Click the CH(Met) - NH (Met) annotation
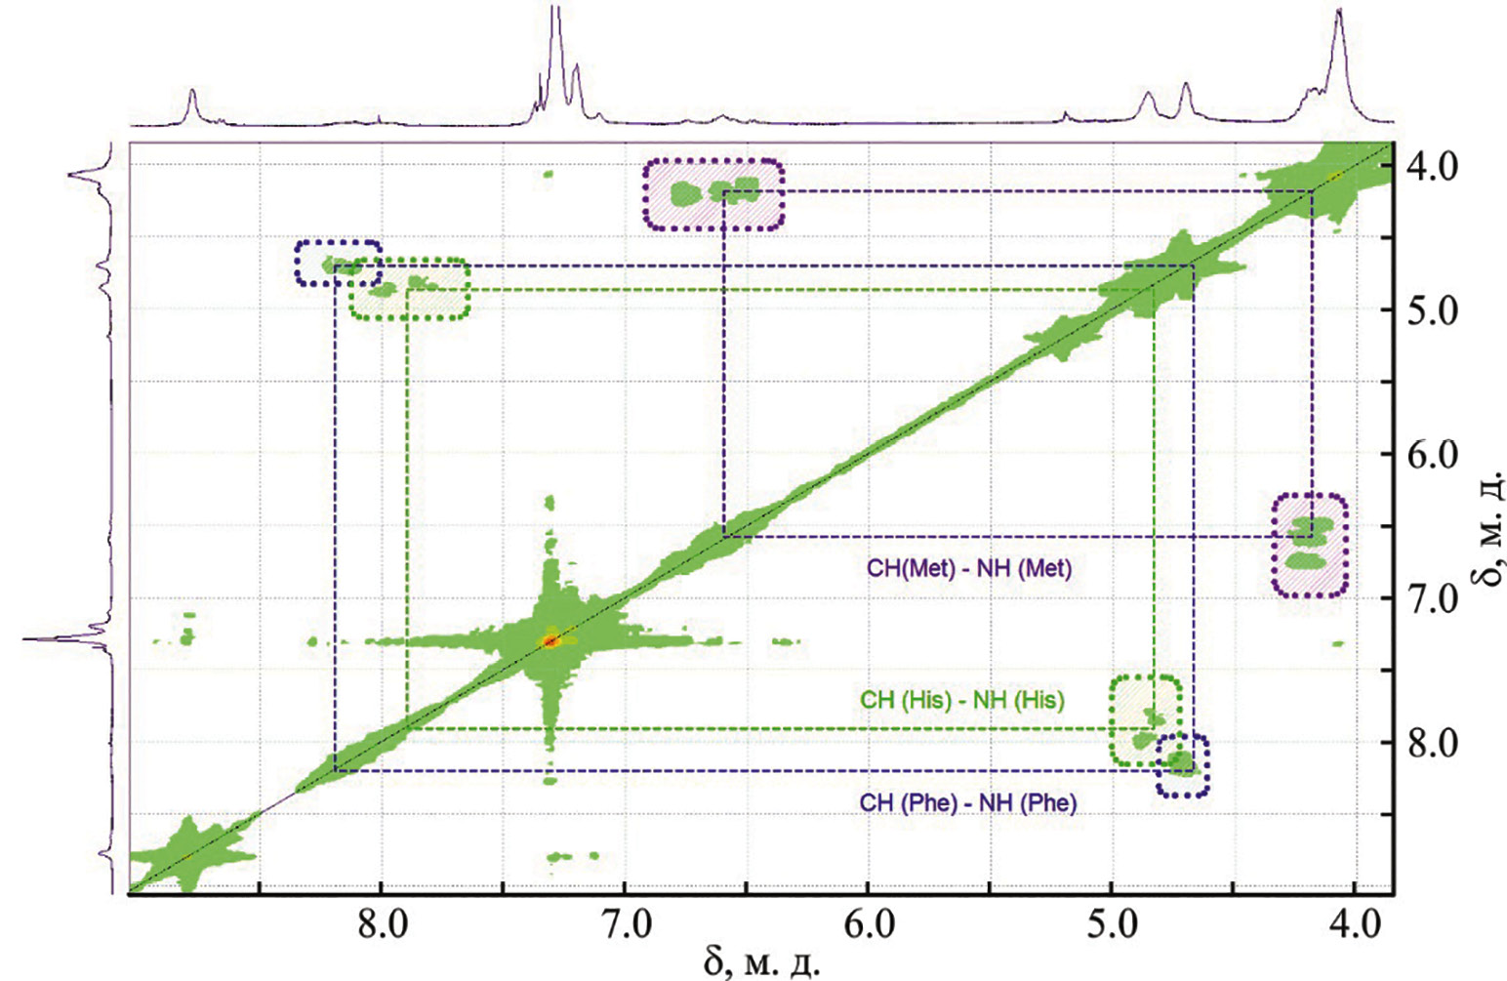(x=968, y=568)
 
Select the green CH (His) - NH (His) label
(x=961, y=700)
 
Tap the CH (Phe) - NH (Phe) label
(x=967, y=803)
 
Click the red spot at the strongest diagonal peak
(x=550, y=641)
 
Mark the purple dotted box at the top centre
(x=713, y=194)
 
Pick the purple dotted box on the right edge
(x=1310, y=545)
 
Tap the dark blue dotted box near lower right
(x=1182, y=764)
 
